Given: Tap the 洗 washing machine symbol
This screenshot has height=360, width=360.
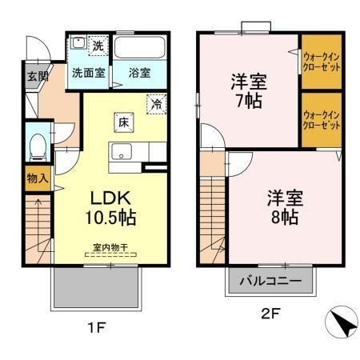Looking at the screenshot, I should pyautogui.click(x=98, y=46).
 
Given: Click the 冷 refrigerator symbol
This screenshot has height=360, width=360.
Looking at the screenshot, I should pyautogui.click(x=157, y=103).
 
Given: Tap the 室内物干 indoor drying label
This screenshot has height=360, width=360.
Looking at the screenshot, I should pyautogui.click(x=110, y=249).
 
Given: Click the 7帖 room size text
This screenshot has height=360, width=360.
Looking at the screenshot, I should pyautogui.click(x=249, y=102).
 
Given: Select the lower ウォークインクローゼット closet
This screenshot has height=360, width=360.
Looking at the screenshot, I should pyautogui.click(x=322, y=119).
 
